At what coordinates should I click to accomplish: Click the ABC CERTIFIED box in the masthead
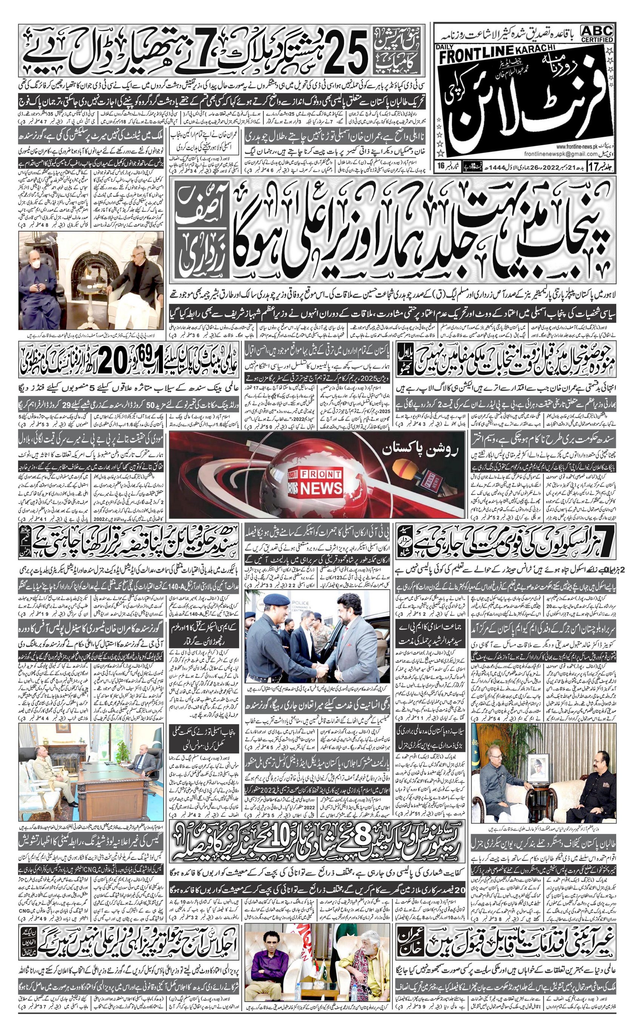597,33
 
